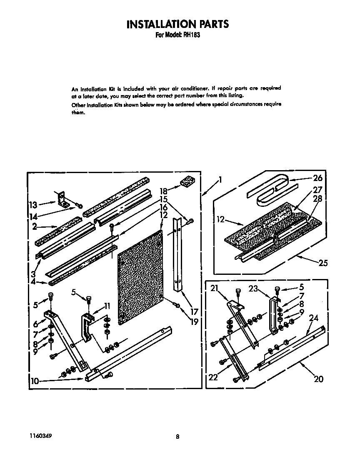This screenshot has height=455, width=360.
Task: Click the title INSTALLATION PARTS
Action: (177, 24)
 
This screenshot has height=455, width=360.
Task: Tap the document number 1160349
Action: (41, 435)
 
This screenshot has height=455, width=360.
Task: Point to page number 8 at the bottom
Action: (177, 437)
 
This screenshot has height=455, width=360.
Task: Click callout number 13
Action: (32, 205)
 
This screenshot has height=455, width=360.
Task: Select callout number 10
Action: (35, 380)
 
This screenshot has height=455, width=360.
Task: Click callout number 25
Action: (322, 263)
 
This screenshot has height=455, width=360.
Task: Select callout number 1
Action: (220, 180)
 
